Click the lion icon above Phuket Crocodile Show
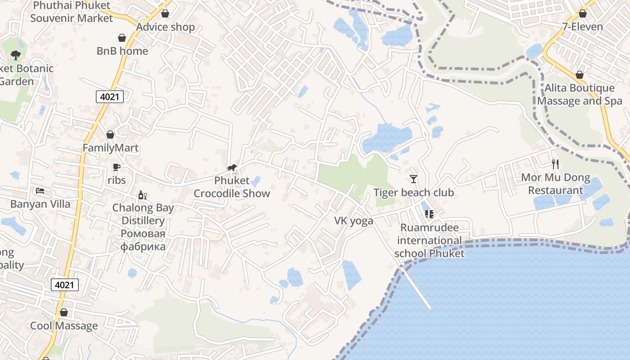(x=232, y=168)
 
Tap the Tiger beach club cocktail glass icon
(x=414, y=179)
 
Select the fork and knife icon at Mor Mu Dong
(x=555, y=164)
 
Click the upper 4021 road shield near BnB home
(x=110, y=96)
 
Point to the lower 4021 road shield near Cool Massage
(x=65, y=284)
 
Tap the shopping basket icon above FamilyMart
(x=110, y=135)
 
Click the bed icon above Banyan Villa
(x=40, y=191)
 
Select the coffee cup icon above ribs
(x=117, y=167)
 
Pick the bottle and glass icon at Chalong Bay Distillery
(x=143, y=195)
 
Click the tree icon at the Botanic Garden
(x=16, y=55)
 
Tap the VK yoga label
(x=354, y=220)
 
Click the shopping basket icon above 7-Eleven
(x=583, y=13)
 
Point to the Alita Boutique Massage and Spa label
(x=580, y=94)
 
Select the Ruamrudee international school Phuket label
(x=429, y=240)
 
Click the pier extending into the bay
(x=416, y=288)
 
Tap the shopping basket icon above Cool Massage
(x=64, y=312)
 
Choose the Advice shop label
(x=166, y=27)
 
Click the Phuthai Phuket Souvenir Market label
(x=72, y=12)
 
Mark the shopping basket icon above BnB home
(x=122, y=37)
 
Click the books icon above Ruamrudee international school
(x=429, y=214)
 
